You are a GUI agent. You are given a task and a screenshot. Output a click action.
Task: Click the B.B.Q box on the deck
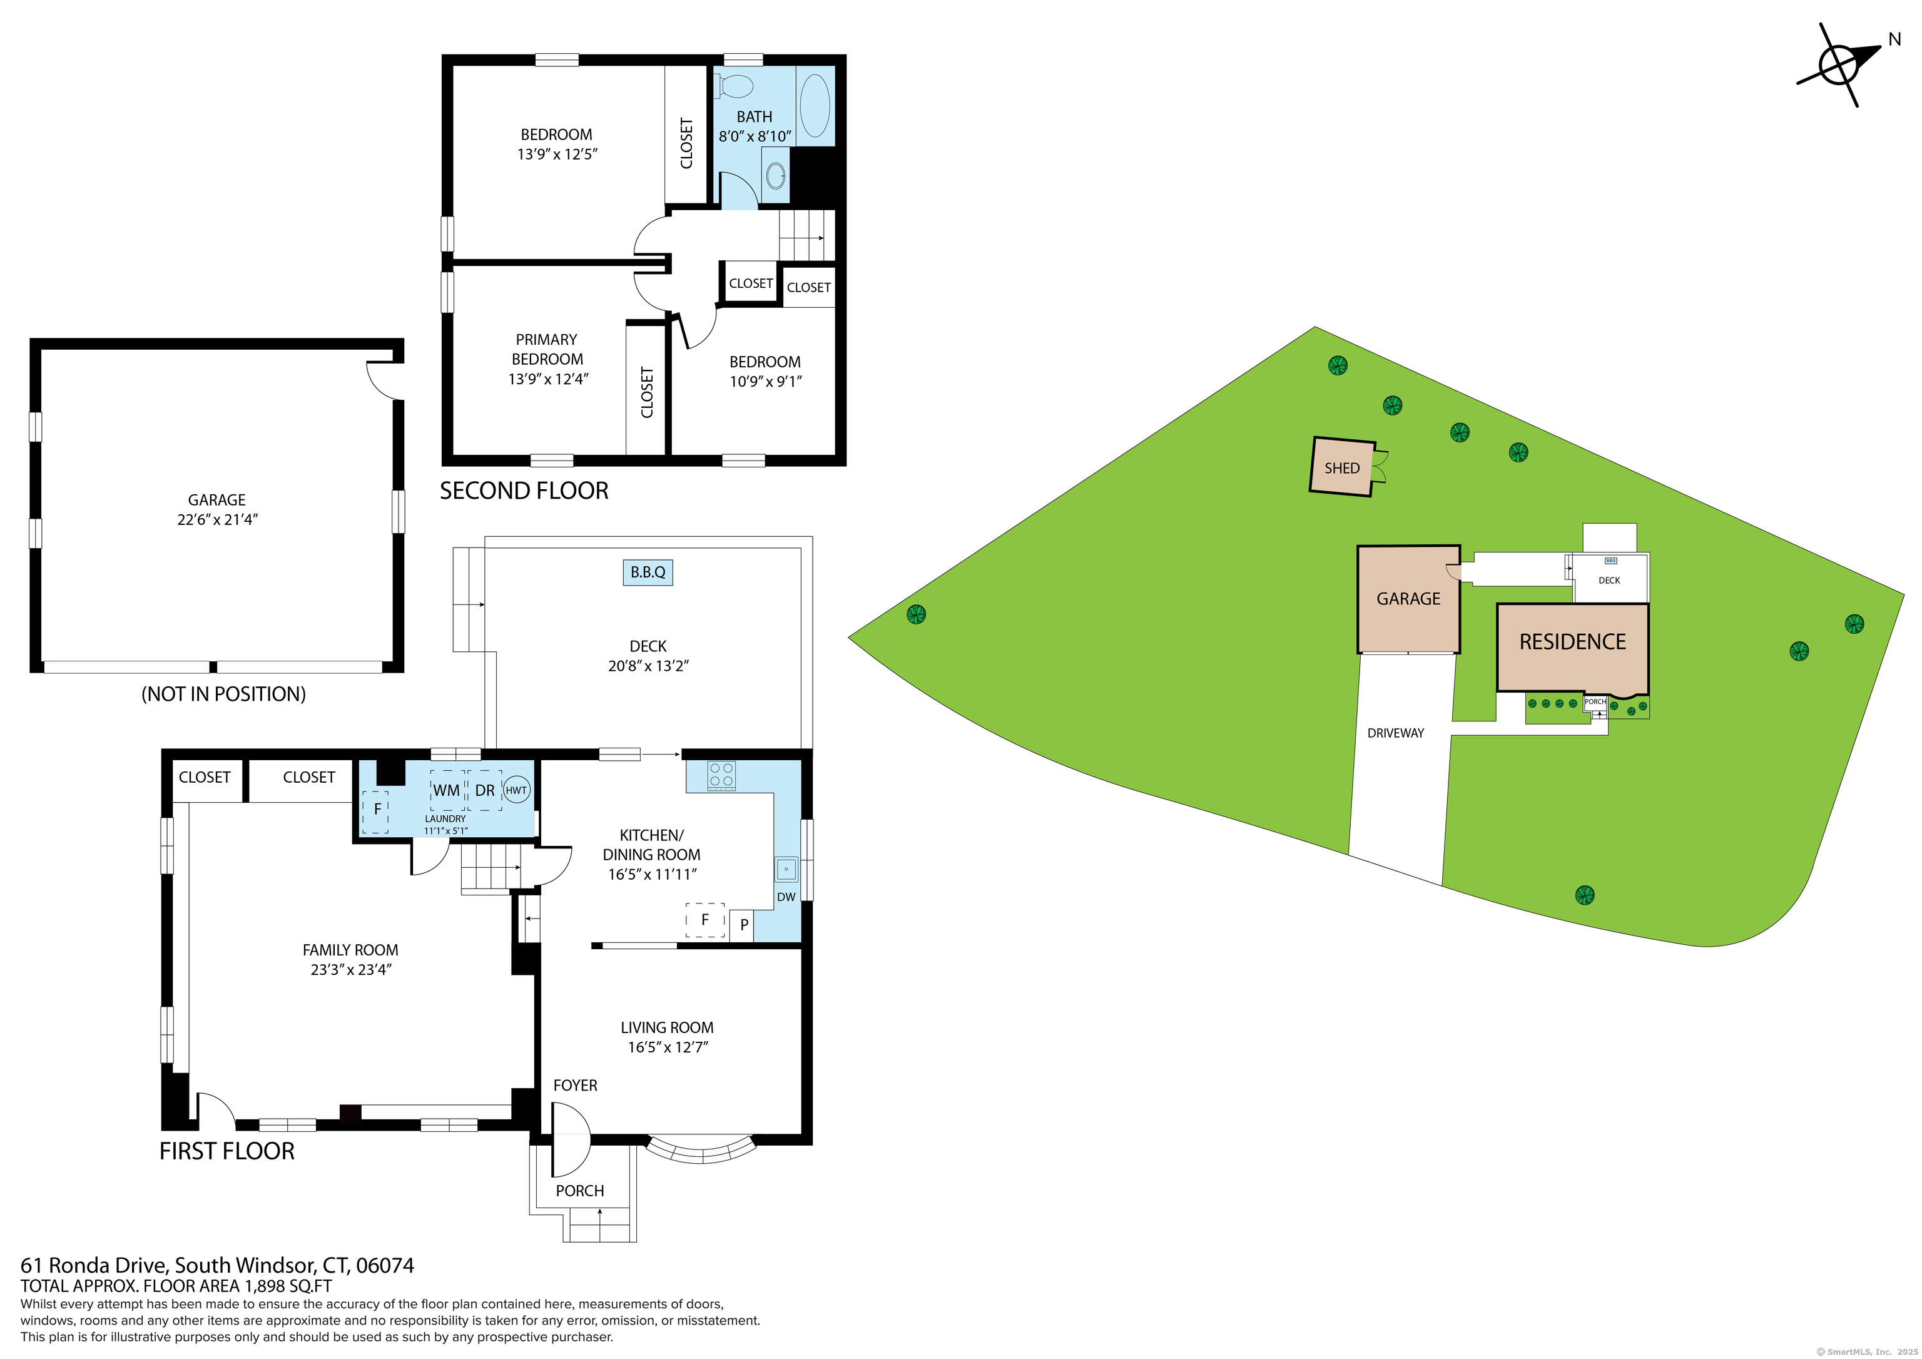click(648, 573)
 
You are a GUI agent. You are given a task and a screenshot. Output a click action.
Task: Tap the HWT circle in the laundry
click(517, 790)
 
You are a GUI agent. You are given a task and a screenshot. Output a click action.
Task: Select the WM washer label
click(446, 790)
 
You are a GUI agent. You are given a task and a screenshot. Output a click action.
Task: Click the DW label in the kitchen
click(786, 897)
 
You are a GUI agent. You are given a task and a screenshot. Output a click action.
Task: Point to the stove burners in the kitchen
click(721, 775)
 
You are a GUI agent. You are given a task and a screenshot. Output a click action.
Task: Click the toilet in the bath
click(734, 86)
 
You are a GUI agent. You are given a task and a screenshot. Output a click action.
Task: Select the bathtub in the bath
click(815, 106)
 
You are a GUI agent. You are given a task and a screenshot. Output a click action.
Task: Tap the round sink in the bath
click(776, 175)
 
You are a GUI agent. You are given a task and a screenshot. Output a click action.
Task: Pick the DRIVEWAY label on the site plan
click(1395, 733)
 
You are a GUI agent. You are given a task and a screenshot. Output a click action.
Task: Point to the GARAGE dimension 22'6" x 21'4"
click(218, 520)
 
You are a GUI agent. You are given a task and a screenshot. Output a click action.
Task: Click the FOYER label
click(575, 1086)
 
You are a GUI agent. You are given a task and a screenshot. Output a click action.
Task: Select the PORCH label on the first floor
click(579, 1191)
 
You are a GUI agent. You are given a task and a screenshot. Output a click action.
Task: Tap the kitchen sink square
click(786, 869)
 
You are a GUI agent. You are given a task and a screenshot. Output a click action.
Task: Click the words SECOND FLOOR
click(524, 491)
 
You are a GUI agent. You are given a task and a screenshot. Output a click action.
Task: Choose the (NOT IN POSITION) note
click(223, 694)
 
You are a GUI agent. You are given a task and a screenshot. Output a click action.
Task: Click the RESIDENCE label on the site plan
click(1573, 642)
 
